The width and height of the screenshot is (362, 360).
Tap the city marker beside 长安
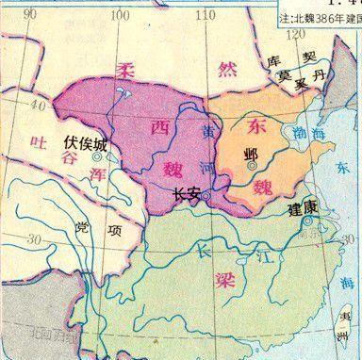pos(206,195)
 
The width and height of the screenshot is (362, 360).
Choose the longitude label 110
pos(200,13)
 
